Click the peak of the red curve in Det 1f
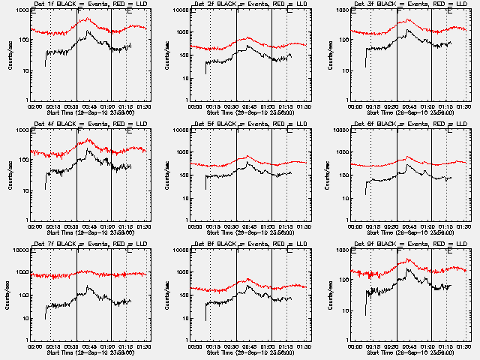[x=88, y=19]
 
